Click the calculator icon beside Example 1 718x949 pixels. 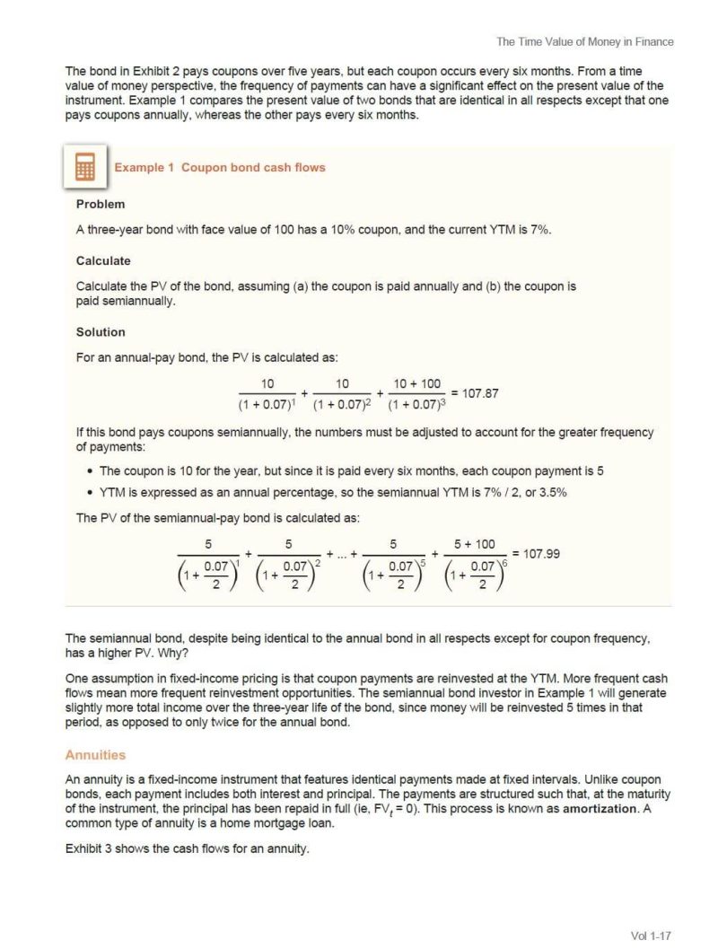point(86,168)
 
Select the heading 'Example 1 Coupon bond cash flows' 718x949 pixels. point(219,167)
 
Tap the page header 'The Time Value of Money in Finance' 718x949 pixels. point(584,41)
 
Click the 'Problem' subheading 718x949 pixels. point(101,204)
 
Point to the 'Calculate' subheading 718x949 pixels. point(103,260)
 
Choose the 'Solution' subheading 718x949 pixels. point(101,332)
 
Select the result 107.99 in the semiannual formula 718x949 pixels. point(541,553)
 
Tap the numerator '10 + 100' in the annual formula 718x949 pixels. point(417,383)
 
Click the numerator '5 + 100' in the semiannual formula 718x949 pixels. point(475,544)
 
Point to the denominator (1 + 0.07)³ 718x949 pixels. point(416,403)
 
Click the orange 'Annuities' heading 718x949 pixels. point(95,755)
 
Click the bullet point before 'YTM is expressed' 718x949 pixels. point(92,493)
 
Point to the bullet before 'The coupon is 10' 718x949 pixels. point(92,470)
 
